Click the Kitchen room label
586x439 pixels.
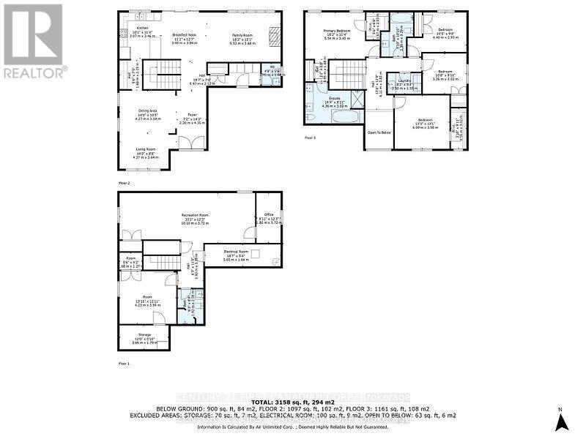[x=142, y=28]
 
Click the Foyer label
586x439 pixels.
[x=192, y=115]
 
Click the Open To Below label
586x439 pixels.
[x=379, y=133]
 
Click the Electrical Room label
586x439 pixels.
[x=236, y=252]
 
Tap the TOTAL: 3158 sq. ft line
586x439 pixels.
[x=293, y=402]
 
